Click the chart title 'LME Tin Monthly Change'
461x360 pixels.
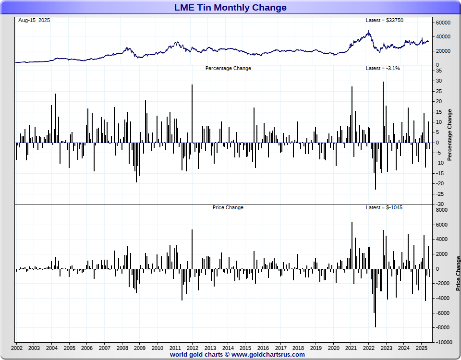coord(230,7)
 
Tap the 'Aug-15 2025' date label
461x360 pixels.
coord(34,20)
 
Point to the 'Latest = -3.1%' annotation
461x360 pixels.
coord(383,68)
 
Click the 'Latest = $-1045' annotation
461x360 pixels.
coord(384,207)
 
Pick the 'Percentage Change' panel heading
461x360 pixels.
coord(228,68)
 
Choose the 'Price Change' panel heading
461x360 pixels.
coord(228,207)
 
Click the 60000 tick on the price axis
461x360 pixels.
coord(443,23)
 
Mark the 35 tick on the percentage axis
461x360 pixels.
coord(439,71)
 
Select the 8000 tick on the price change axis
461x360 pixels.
coord(441,210)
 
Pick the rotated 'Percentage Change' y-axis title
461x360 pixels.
coord(450,135)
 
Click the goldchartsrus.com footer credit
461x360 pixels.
coord(237,355)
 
